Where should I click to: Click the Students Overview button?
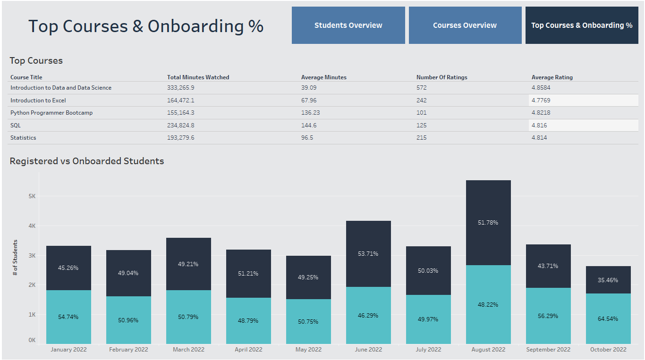348,25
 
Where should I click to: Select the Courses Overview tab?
465,25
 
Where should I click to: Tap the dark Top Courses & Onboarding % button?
581,25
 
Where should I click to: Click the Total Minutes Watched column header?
198,77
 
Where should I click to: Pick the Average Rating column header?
552,77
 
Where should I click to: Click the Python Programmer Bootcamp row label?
51,113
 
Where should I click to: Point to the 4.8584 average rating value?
541,88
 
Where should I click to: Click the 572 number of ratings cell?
421,88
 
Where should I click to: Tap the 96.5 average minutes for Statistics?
307,138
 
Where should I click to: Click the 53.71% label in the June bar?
368,254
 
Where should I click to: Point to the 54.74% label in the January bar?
68,317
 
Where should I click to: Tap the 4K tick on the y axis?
32,226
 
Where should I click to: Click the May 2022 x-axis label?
308,350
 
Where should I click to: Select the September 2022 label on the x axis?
548,350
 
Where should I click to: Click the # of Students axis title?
15,258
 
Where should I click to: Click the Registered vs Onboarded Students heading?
87,161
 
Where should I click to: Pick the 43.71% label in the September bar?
548,266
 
